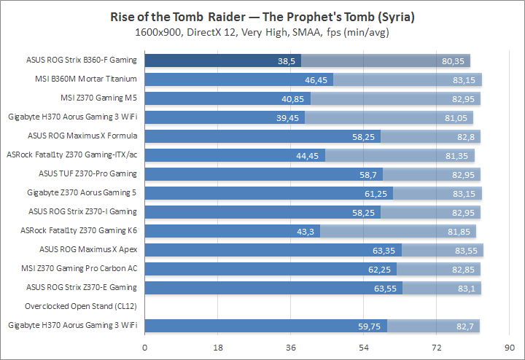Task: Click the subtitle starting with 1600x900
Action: click(262, 32)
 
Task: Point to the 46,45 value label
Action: click(319, 79)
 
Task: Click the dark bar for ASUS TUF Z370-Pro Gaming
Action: click(263, 173)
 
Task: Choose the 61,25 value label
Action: click(379, 192)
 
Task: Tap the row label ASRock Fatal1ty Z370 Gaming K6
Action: click(79, 230)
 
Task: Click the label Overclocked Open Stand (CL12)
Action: click(81, 306)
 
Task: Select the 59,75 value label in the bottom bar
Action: click(373, 325)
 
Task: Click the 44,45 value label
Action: click(311, 154)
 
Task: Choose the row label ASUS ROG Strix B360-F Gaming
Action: click(77, 60)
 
